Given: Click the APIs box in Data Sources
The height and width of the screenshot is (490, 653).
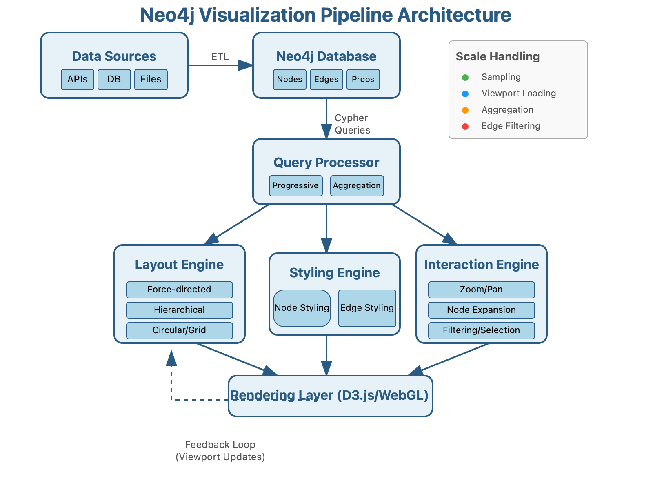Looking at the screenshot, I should tap(78, 79).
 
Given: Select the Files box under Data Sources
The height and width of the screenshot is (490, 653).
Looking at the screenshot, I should tap(151, 79).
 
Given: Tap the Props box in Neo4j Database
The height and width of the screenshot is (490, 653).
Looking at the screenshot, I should tap(363, 79).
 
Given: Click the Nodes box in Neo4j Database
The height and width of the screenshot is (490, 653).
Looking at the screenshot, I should tap(290, 79).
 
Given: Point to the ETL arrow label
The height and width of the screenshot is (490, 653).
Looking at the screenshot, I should tap(220, 57).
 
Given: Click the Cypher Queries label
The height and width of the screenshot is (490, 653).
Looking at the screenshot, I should tap(352, 124).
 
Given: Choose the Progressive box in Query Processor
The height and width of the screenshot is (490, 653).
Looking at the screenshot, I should tap(296, 186).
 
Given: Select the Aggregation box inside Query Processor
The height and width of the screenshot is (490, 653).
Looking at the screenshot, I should tap(357, 186).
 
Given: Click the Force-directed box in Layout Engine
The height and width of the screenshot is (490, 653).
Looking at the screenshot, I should tap(180, 290).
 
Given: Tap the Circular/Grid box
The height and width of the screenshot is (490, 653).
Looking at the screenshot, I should tap(180, 330).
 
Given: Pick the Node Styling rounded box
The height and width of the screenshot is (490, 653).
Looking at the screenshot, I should tap(302, 308).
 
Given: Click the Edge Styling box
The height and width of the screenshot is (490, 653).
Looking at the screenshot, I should tap(367, 308).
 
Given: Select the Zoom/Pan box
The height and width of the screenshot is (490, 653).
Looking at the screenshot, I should tap(482, 290).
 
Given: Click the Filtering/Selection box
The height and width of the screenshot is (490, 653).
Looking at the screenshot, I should tap(482, 330).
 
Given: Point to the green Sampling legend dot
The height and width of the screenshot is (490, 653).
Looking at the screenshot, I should tap(465, 78).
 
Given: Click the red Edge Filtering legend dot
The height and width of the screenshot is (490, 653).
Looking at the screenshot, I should tap(465, 127).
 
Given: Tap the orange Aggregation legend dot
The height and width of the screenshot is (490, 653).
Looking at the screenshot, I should tap(465, 110).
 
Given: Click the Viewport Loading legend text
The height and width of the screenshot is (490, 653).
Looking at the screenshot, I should tap(519, 94).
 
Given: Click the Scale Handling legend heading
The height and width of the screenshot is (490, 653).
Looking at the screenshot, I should tap(498, 56).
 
